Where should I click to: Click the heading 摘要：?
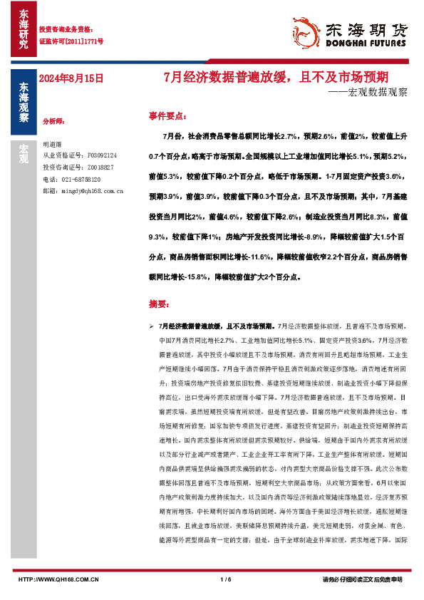point(160,304)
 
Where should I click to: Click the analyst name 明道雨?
point(53,144)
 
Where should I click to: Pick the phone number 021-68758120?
point(80,180)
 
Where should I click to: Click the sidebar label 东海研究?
point(24,29)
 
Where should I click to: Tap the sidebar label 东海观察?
point(24,103)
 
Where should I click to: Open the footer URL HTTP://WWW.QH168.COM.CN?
point(58,579)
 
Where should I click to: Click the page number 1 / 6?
point(227,579)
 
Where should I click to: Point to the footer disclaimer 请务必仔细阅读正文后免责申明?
point(363,579)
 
